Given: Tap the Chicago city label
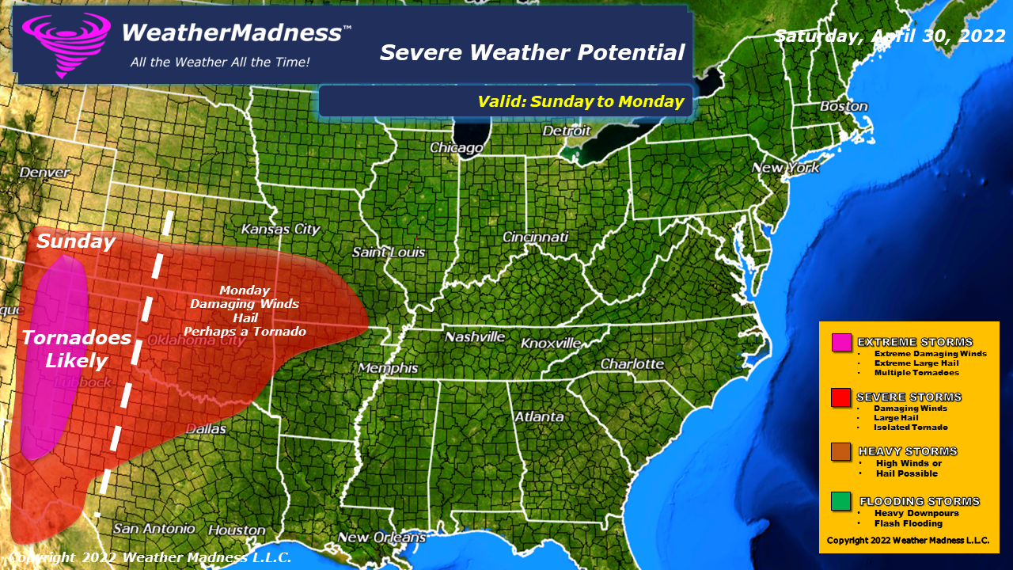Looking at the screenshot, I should point(456,148).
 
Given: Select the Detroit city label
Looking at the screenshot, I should point(567,131).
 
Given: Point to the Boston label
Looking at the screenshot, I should point(844,106).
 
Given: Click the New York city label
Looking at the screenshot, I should point(785,168).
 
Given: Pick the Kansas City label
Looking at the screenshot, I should point(280,230).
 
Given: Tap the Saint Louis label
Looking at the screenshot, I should point(389,253).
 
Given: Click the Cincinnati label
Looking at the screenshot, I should point(535,237).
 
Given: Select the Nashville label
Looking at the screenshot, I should point(475,336).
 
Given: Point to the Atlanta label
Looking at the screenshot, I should point(539,416).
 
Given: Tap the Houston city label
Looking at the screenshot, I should point(237,529).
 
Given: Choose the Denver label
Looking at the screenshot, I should point(44,172).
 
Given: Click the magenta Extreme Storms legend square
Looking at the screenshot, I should point(841,342).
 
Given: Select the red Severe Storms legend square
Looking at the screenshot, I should point(841,397).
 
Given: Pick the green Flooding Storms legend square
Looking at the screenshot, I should point(841,501).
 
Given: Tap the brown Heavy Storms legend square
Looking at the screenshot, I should point(841,451).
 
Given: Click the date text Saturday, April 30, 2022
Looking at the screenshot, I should point(890,36).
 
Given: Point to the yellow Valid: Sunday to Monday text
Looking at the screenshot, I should point(580,101).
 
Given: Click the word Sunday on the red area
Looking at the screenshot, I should point(76,241).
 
